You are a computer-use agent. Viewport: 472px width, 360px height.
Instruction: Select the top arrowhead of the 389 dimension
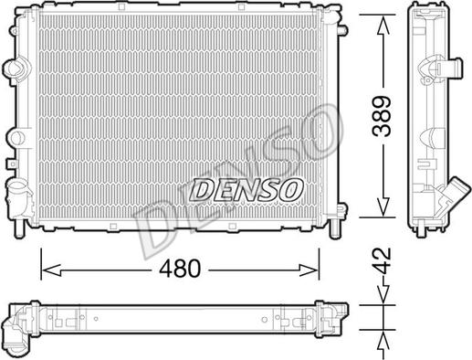(x=383, y=21)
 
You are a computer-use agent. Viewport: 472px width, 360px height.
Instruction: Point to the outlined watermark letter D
(x=146, y=219)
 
